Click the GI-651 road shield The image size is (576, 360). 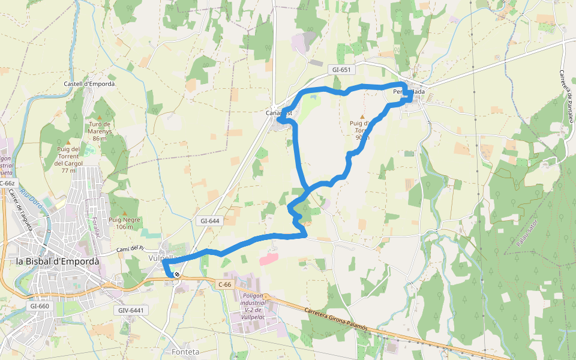tap(341, 70)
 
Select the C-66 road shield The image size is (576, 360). tap(225, 284)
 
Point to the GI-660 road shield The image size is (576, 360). tap(39, 306)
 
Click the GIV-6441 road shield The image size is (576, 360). tap(130, 310)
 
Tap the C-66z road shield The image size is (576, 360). tap(7, 183)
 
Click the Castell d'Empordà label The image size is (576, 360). tap(89, 84)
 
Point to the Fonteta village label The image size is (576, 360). tap(185, 352)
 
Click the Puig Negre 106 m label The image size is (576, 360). tap(125, 223)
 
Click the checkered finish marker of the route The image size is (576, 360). tap(176, 275)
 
